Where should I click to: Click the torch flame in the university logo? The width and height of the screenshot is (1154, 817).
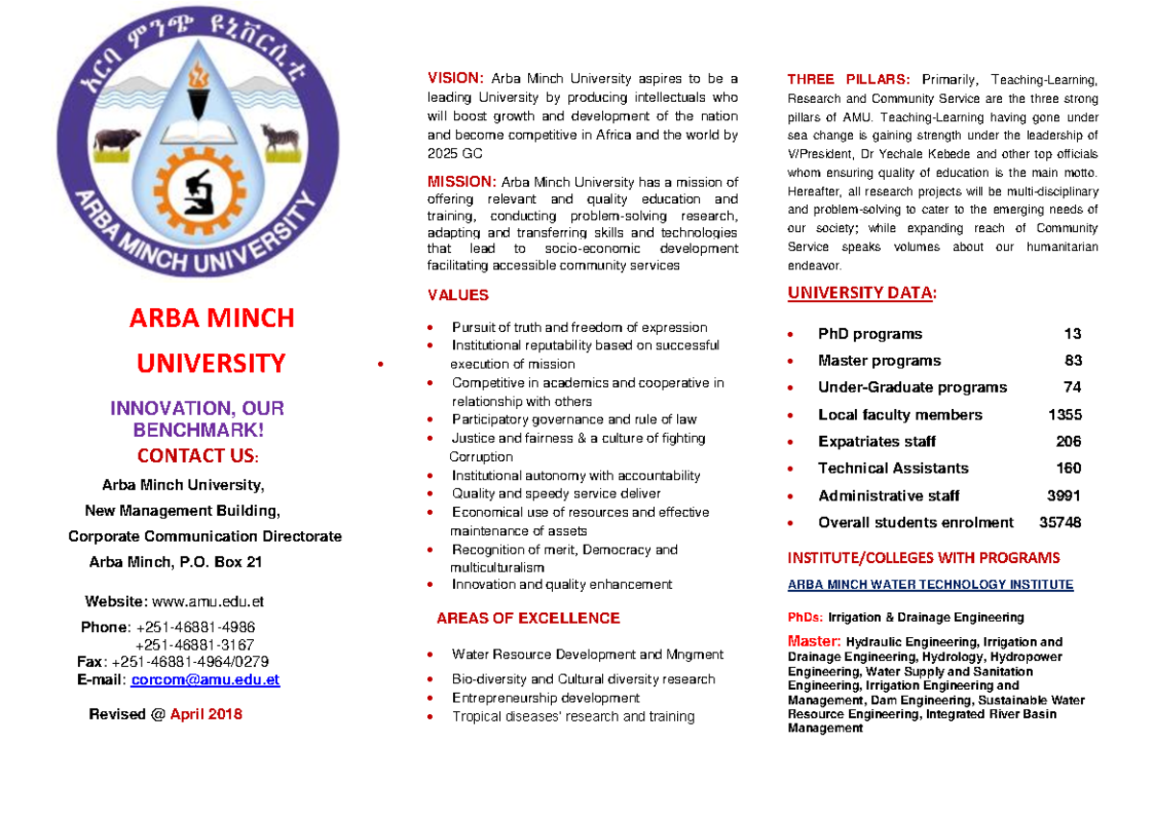(x=200, y=74)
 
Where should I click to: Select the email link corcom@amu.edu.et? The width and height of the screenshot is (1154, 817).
(x=205, y=679)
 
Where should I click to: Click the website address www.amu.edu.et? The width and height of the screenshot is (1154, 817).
(x=208, y=601)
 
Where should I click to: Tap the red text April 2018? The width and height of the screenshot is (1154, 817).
(x=206, y=714)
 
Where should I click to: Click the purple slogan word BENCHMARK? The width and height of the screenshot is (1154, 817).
(x=197, y=430)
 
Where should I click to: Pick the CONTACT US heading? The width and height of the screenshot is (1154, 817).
(x=197, y=455)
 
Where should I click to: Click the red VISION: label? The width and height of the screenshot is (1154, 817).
(x=456, y=79)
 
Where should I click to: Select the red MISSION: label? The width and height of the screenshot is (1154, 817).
(x=462, y=182)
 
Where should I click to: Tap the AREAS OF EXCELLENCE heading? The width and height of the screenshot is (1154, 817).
(x=528, y=618)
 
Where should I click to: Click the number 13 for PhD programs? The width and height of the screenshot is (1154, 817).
(x=1072, y=334)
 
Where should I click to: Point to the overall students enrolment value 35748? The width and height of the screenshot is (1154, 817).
(x=1060, y=523)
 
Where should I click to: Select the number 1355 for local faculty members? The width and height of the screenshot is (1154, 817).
(x=1065, y=415)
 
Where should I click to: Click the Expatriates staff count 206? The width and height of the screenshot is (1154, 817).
(x=1068, y=442)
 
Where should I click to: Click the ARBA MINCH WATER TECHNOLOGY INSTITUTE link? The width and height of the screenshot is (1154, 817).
(x=930, y=584)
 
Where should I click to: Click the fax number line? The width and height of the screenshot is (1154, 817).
(x=173, y=661)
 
